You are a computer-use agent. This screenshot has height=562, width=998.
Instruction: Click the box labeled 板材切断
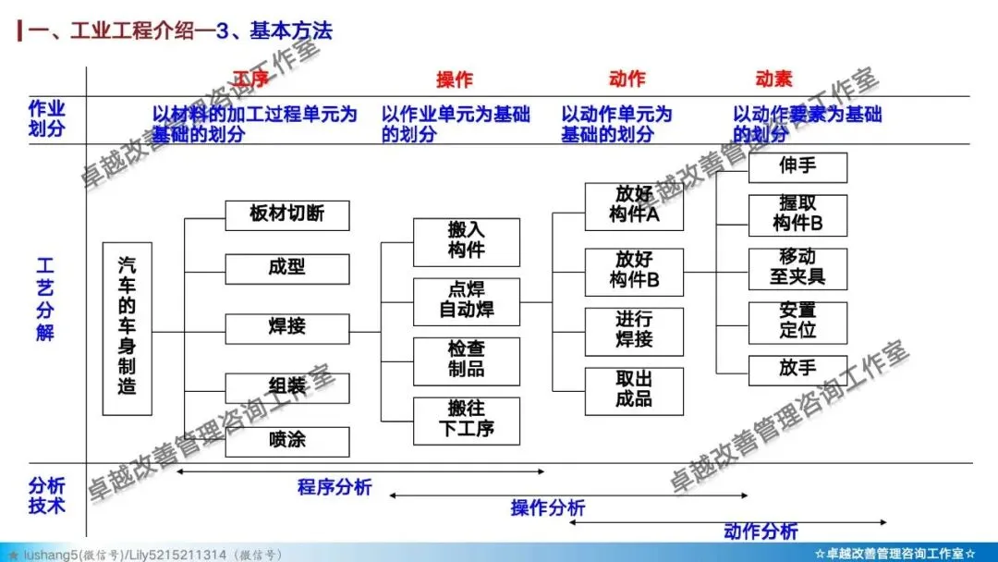click(x=287, y=215)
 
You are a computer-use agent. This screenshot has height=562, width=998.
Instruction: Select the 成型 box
click(x=287, y=269)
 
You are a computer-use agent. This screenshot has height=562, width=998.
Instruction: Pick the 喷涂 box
click(x=287, y=441)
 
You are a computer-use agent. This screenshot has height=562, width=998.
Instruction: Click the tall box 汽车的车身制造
click(x=127, y=328)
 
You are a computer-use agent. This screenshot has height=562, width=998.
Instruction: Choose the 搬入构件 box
click(x=467, y=241)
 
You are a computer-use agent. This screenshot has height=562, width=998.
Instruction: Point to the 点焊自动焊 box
click(x=467, y=300)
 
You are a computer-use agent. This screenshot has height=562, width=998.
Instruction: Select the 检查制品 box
click(x=467, y=360)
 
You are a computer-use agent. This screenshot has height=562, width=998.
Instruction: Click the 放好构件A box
click(x=634, y=206)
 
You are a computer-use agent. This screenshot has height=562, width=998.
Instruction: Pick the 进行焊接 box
click(x=634, y=331)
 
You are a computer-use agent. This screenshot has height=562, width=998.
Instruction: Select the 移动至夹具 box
click(x=797, y=268)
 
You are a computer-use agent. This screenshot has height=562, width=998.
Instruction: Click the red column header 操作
click(x=455, y=80)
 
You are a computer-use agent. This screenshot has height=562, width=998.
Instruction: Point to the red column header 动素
click(x=773, y=79)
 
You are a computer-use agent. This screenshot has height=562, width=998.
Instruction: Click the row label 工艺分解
click(x=45, y=299)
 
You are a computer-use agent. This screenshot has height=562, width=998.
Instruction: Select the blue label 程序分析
click(x=335, y=487)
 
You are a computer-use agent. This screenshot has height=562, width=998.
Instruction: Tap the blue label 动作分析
click(x=761, y=531)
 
